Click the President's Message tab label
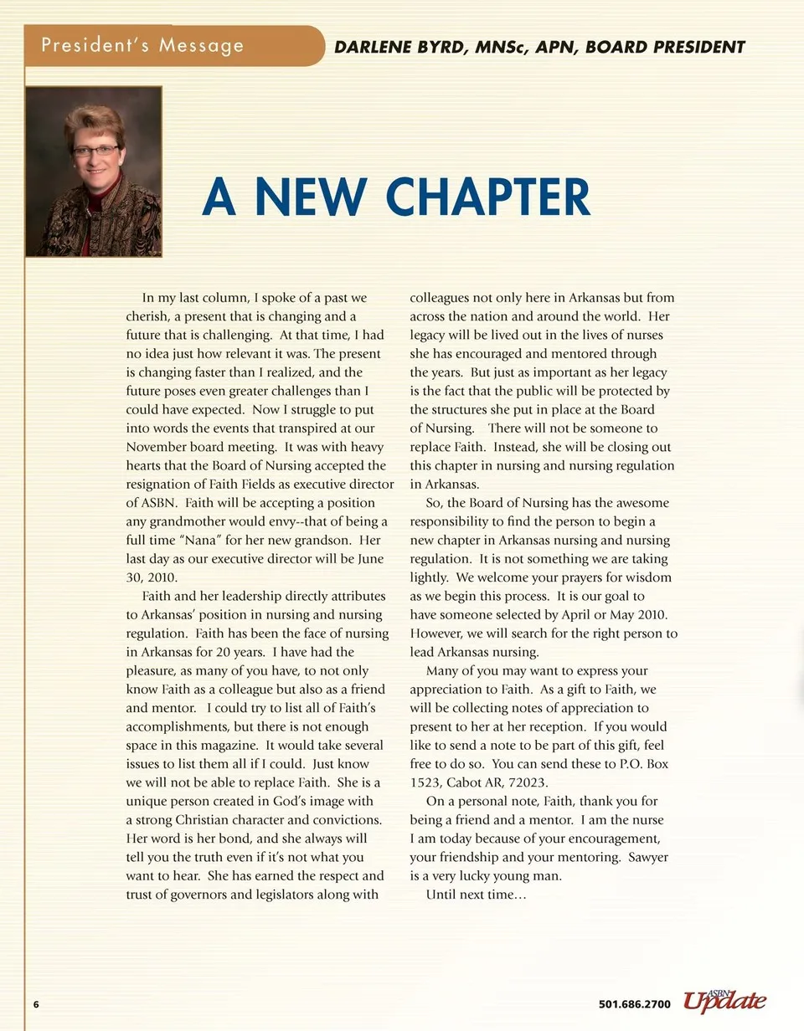(x=143, y=45)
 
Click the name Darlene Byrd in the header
(x=401, y=48)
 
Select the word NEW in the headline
(x=310, y=197)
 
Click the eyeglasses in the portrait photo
(x=95, y=151)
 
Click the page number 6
(x=37, y=1004)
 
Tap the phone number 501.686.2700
(x=635, y=1004)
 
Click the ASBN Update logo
(x=724, y=1000)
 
